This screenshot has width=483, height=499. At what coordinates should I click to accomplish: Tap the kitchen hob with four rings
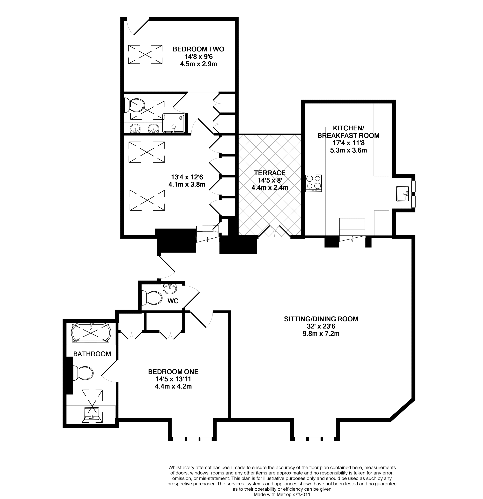313,183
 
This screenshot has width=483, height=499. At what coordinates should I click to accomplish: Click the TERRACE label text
270,173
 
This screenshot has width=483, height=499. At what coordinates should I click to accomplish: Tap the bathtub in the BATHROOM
91,333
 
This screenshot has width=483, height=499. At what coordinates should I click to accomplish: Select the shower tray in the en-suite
174,123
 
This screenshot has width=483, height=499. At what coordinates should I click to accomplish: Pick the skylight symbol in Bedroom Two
145,55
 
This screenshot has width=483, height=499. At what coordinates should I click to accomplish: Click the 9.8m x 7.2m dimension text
321,334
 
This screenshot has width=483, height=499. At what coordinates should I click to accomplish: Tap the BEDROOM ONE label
173,372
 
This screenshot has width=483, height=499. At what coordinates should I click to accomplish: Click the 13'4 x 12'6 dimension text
187,177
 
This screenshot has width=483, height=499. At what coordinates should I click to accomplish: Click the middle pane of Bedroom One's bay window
193,439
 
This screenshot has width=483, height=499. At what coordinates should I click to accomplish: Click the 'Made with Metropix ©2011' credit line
282,494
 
